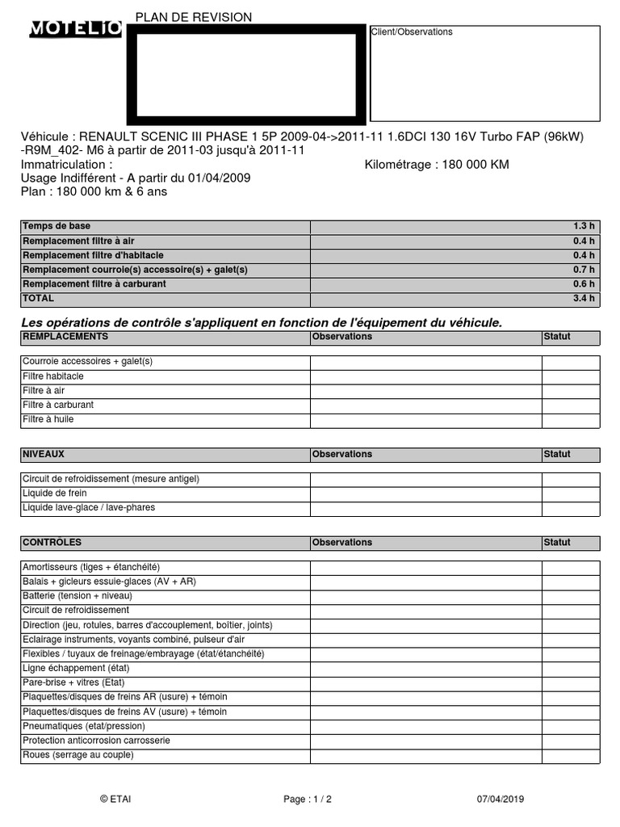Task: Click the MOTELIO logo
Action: tap(76, 30)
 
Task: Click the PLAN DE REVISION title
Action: tap(194, 17)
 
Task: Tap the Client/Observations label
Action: tap(412, 32)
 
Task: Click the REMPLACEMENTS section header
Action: tap(65, 336)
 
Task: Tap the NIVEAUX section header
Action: tap(44, 454)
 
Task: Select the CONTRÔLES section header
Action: tap(52, 542)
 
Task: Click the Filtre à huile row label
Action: tap(48, 420)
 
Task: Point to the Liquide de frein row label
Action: tap(55, 493)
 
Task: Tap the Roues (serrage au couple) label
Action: tap(78, 755)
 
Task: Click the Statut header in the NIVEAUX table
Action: tap(557, 454)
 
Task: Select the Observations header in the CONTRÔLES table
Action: tap(342, 542)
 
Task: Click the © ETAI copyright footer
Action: tap(115, 799)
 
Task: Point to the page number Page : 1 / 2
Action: tap(308, 799)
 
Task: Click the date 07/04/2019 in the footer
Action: tap(501, 799)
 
